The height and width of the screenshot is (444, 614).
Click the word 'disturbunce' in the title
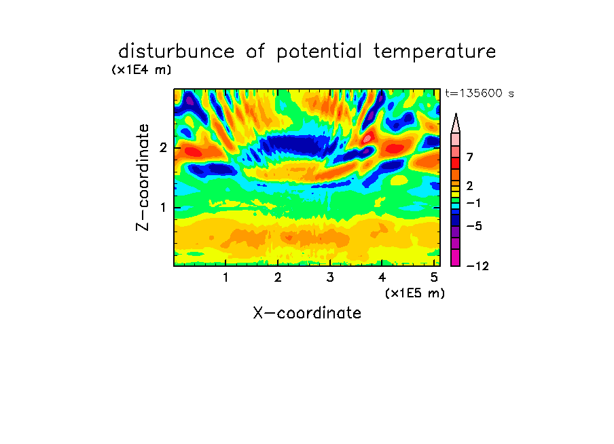pyautogui.click(x=176, y=51)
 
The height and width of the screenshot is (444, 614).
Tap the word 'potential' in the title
pyautogui.click(x=319, y=52)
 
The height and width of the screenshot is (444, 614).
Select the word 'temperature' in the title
pyautogui.click(x=435, y=52)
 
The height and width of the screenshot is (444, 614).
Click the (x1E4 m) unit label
pyautogui.click(x=141, y=70)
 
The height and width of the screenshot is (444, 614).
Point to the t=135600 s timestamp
pyautogui.click(x=480, y=93)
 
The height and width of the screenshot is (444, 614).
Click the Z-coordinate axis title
pyautogui.click(x=143, y=177)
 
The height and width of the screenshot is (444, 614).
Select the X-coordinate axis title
pyautogui.click(x=307, y=313)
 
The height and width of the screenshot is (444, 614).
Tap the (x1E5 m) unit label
pyautogui.click(x=415, y=293)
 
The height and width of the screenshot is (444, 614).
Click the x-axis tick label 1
pyautogui.click(x=225, y=278)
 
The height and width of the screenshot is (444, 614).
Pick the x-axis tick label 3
pyautogui.click(x=330, y=278)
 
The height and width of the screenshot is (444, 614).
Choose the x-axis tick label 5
pyautogui.click(x=434, y=278)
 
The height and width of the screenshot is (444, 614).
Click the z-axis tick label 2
pyautogui.click(x=163, y=148)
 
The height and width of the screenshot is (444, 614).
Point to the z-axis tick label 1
pyautogui.click(x=163, y=208)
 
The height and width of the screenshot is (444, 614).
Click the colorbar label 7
pyautogui.click(x=470, y=158)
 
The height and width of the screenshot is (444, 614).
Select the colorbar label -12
pyautogui.click(x=477, y=266)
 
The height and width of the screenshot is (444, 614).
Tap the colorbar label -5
pyautogui.click(x=474, y=226)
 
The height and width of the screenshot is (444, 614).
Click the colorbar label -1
pyautogui.click(x=474, y=203)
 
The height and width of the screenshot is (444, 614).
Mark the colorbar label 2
pyautogui.click(x=470, y=186)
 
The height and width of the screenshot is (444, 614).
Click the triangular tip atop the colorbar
pyautogui.click(x=456, y=114)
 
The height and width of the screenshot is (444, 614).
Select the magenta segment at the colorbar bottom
pyautogui.click(x=456, y=257)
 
